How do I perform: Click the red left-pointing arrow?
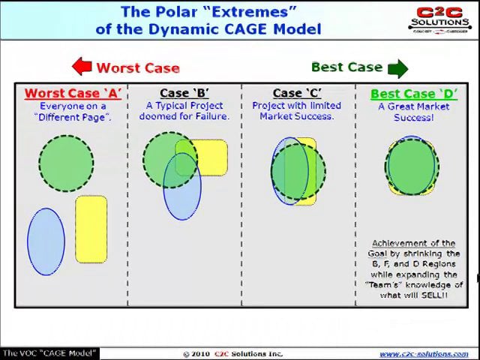coord(82,67)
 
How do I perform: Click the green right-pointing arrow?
coord(398,68)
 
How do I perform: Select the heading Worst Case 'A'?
coord(73,94)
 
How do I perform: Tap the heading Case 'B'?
coord(184,94)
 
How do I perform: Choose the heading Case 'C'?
coord(297,94)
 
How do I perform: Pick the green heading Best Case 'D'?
coord(412,94)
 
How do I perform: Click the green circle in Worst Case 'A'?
coord(66,163)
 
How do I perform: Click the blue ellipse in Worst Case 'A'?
coord(46,241)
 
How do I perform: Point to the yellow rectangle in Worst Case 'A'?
coord(91,229)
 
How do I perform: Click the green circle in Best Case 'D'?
coord(412,166)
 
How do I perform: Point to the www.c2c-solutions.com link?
coord(424,354)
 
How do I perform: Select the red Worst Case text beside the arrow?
coord(138,67)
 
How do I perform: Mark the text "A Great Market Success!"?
coord(413,112)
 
